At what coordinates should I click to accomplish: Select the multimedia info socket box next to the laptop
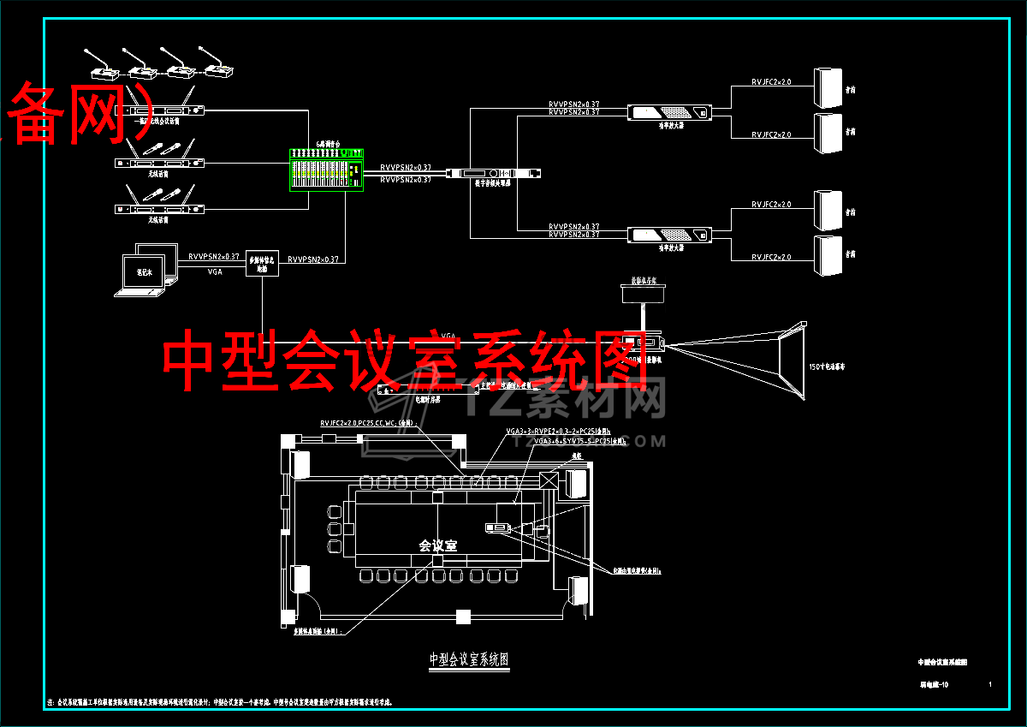tap(262, 262)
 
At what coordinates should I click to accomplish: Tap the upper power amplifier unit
tap(668, 112)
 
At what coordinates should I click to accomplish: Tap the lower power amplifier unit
tap(668, 235)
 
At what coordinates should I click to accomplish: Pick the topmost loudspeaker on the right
tap(828, 86)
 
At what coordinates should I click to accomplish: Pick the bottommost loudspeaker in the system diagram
tap(828, 256)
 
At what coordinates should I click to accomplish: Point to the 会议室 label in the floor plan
tap(437, 545)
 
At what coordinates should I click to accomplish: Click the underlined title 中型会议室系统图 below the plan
tap(469, 659)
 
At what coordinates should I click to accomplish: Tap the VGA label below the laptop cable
tap(215, 271)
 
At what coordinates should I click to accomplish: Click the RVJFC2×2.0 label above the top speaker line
tap(771, 82)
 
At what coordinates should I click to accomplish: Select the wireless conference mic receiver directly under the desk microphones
tap(159, 110)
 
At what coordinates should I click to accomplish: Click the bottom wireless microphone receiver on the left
tap(159, 208)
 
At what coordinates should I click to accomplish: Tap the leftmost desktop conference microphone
tap(99, 69)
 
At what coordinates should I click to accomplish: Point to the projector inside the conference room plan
tap(496, 527)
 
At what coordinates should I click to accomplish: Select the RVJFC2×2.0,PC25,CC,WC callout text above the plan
tap(367, 423)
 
